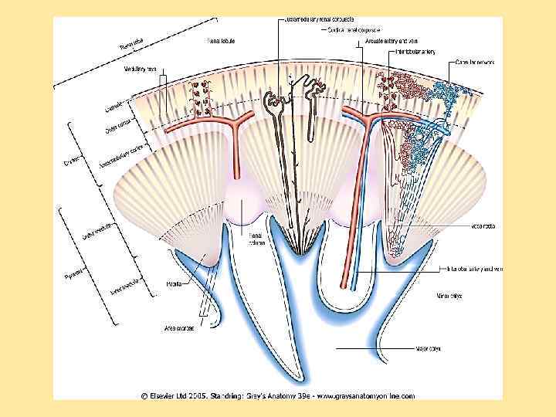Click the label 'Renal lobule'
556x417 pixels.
tap(224, 40)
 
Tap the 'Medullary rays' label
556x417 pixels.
tap(141, 69)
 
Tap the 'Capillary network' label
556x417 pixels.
tap(474, 63)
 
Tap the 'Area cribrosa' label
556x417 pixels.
tap(178, 328)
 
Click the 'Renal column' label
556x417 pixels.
tap(257, 239)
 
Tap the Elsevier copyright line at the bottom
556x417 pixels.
tap(277, 396)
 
